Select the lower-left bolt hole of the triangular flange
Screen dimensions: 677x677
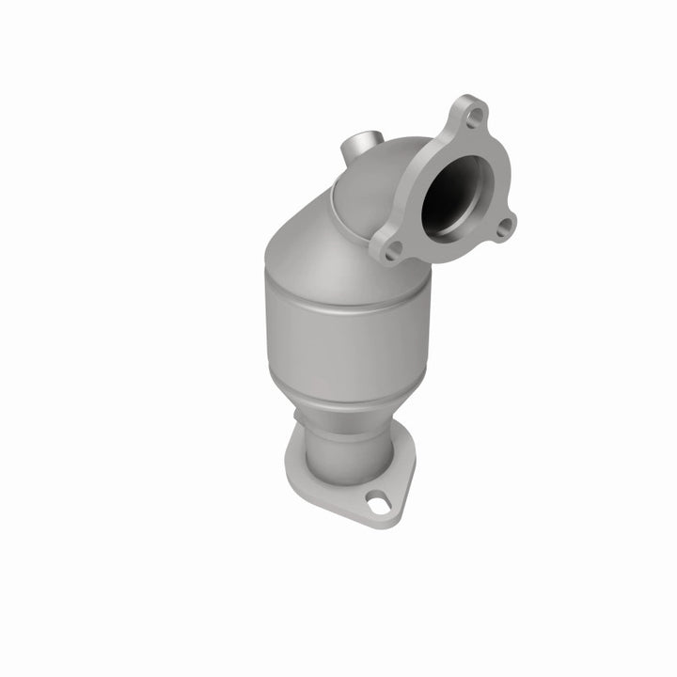click(x=393, y=249)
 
